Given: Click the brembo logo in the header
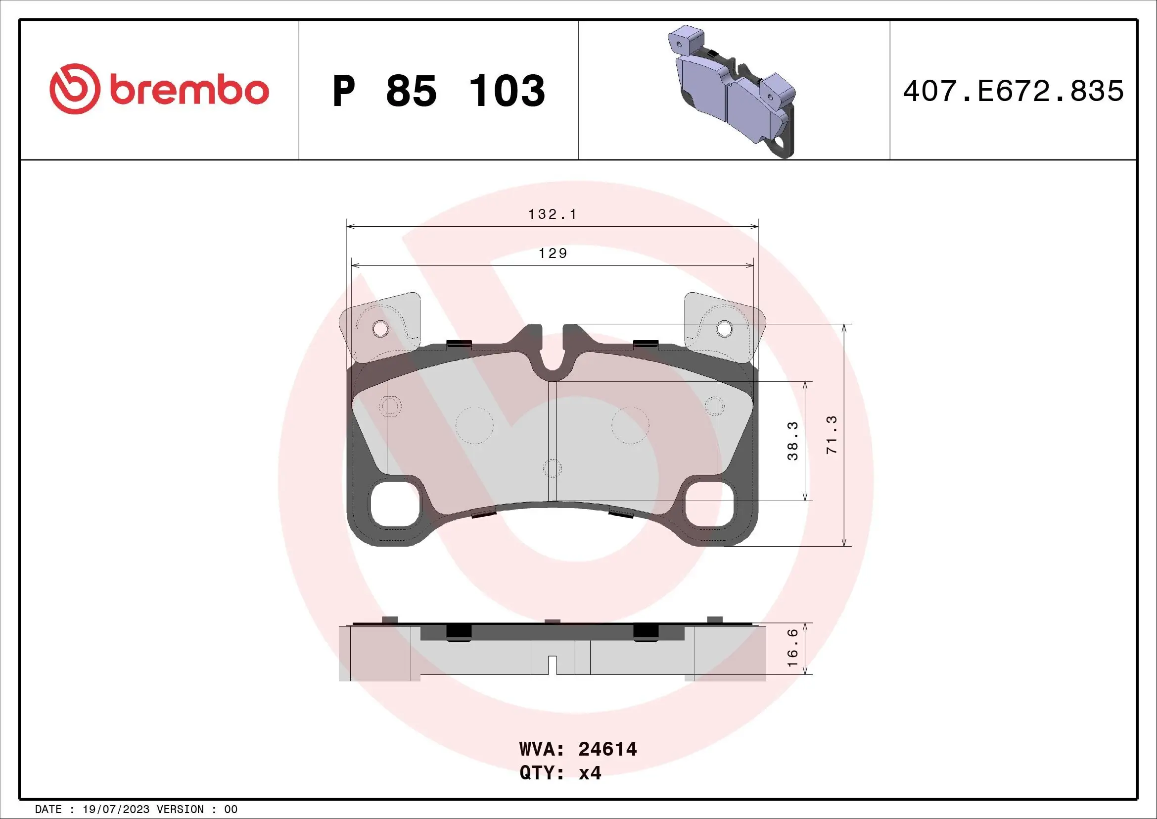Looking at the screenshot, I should (x=159, y=90).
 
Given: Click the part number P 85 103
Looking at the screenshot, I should (x=438, y=91).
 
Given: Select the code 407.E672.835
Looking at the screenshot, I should (x=1013, y=91).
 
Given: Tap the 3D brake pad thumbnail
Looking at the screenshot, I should (x=732, y=91).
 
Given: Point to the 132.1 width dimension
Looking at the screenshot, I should (x=553, y=214).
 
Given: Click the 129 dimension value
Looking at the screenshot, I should (x=553, y=253).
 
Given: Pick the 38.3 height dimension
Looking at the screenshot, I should (x=792, y=441).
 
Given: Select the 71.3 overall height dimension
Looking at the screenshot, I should (x=832, y=435).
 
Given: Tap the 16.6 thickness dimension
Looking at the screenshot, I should (x=792, y=648).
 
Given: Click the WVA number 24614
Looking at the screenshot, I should (x=607, y=749).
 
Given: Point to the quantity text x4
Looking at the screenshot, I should (x=590, y=773).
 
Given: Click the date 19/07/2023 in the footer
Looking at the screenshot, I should (x=116, y=810).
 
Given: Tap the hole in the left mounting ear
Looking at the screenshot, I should (x=380, y=329).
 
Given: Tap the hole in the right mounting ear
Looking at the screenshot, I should (x=724, y=329).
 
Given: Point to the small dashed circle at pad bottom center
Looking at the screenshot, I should (x=553, y=468).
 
